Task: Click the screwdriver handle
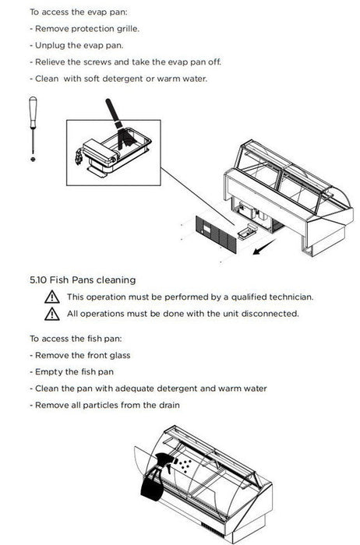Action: point(33,112)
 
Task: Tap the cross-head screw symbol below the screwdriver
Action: point(33,159)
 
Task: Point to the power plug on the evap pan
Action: point(79,156)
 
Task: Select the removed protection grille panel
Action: point(216,234)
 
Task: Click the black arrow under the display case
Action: point(264,247)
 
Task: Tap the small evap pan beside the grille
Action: point(247,231)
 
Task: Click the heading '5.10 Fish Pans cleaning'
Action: point(83,280)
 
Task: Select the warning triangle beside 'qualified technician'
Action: point(52,297)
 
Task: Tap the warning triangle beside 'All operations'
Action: point(52,314)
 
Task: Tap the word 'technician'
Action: point(291,297)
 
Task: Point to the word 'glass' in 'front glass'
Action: point(120,356)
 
